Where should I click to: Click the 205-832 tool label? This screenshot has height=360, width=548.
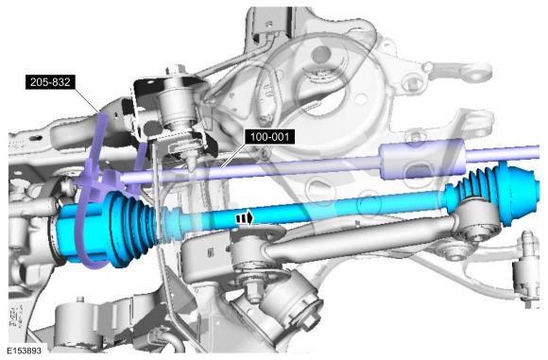(50, 82)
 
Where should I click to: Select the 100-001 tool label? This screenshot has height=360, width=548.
(270, 136)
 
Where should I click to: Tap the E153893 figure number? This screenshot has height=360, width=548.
(24, 351)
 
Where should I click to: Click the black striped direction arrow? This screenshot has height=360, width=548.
(245, 218)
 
